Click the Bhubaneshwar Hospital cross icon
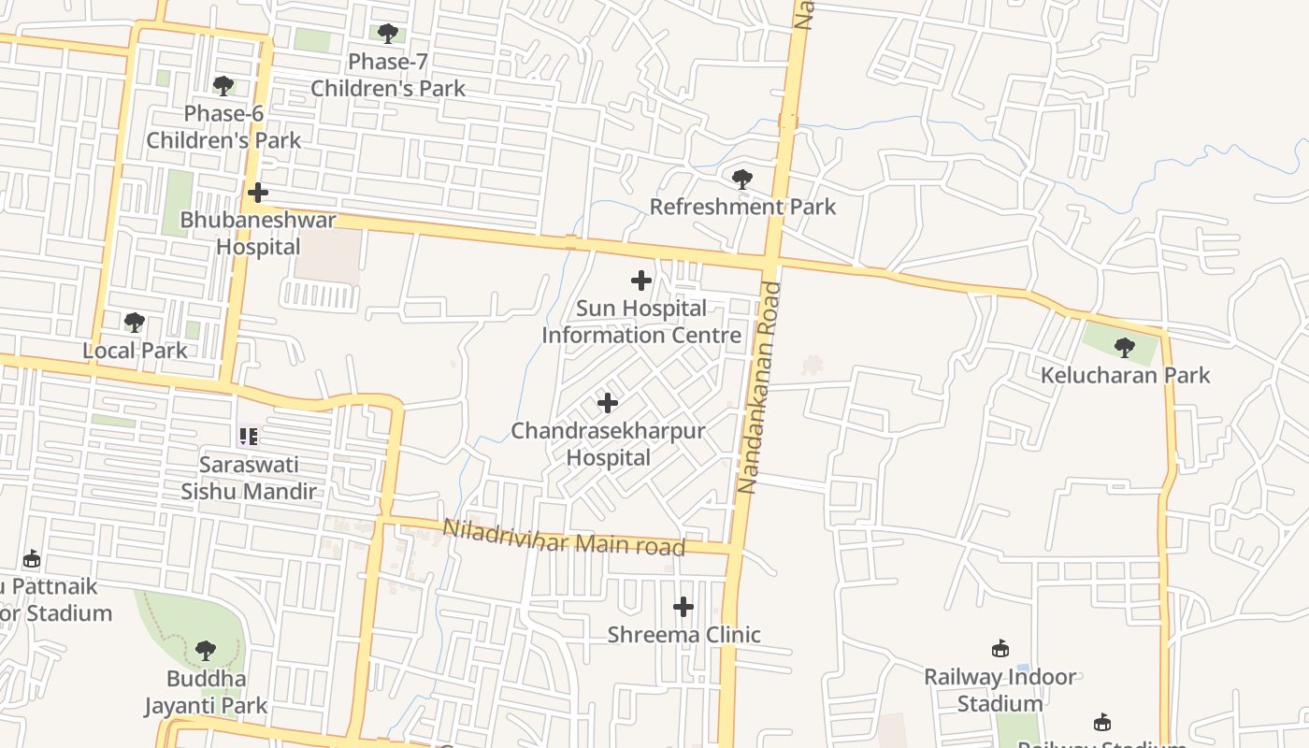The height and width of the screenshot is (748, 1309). [257, 193]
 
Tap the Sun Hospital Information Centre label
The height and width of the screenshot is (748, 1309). [641, 322]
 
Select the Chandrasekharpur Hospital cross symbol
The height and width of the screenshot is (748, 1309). [607, 403]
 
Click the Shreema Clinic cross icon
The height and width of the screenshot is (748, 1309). [683, 607]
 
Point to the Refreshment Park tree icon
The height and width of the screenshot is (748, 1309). [741, 179]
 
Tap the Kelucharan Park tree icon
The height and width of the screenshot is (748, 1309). [1125, 348]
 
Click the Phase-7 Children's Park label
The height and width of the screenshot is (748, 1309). [388, 76]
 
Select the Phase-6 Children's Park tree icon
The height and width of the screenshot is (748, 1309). [223, 86]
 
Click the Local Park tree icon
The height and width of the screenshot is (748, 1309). [135, 323]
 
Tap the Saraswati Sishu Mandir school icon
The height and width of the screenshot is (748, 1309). [248, 436]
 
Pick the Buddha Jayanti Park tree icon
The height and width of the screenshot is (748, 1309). [206, 651]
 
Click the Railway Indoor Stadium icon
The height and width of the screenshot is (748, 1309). [1000, 648]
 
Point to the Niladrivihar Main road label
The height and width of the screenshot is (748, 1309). [564, 539]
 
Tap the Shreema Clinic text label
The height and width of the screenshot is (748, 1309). [683, 635]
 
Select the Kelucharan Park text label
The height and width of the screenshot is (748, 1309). [1126, 376]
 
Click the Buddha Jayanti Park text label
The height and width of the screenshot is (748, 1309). [206, 692]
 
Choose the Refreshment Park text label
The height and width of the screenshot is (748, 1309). [742, 207]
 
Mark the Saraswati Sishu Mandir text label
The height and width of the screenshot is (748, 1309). [249, 478]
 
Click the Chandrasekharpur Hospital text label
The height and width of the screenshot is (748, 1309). [608, 444]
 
